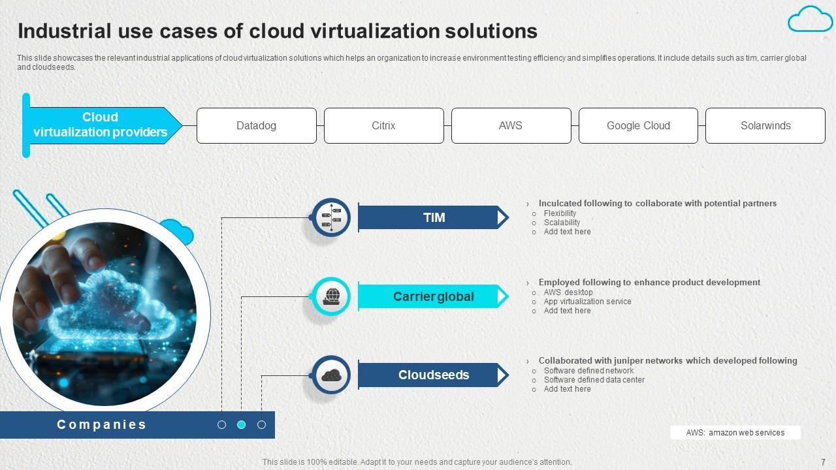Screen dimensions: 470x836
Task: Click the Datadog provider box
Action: point(256,125)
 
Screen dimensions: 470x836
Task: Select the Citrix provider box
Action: point(383,125)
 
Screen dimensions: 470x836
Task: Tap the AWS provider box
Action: point(510,125)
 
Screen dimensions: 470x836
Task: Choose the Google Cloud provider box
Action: point(638,125)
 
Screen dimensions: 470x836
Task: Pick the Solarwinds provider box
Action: point(765,125)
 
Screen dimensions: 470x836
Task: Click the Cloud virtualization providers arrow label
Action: point(101,125)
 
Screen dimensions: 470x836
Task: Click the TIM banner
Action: point(434,217)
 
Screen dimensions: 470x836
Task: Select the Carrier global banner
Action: point(434,296)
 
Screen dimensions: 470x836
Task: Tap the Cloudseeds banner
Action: point(434,375)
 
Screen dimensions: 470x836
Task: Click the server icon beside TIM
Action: point(331,217)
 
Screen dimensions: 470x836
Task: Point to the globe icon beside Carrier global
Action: point(331,297)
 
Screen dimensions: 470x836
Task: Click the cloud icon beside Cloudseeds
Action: point(331,375)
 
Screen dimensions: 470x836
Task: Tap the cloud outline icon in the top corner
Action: point(810,19)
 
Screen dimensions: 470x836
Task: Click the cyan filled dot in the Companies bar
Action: point(241,425)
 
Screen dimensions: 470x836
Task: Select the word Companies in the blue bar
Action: point(102,425)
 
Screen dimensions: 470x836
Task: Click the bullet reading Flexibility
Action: point(560,213)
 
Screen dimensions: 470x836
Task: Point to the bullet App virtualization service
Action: point(587,302)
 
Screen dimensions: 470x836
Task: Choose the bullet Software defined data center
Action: point(594,380)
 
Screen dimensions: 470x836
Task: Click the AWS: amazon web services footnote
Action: point(735,433)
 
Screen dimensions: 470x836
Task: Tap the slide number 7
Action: point(823,461)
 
